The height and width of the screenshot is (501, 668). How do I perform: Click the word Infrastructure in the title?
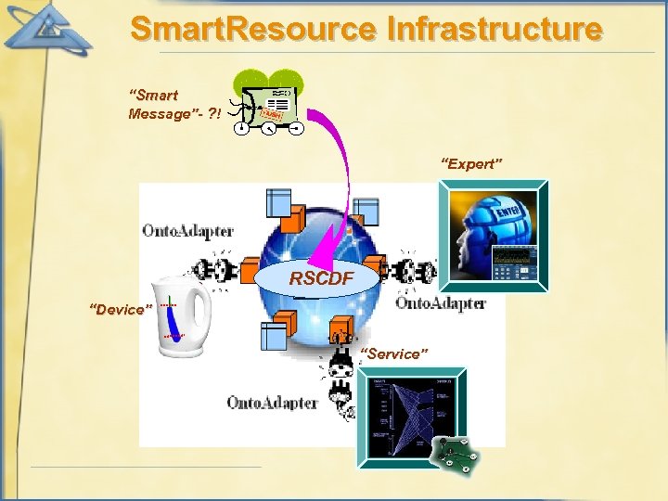click(x=494, y=29)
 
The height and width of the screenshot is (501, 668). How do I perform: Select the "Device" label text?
click(x=116, y=309)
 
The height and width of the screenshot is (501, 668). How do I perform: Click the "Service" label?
click(x=393, y=353)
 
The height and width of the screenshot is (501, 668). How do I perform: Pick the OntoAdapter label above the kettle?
click(x=187, y=230)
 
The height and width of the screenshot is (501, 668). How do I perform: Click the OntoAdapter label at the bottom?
click(x=272, y=403)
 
